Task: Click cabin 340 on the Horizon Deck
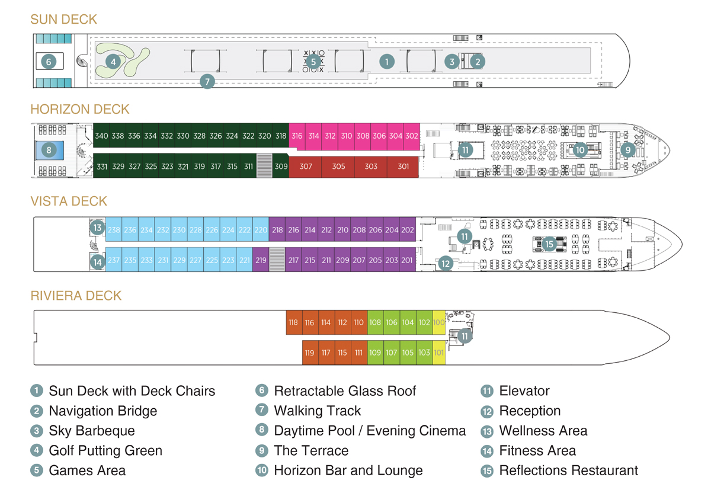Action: pos(101,136)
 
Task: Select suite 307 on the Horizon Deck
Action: pos(306,167)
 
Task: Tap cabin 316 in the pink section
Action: pos(297,136)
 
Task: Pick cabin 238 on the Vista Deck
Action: pos(114,230)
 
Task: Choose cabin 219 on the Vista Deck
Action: pos(261,260)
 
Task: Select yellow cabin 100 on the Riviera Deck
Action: pos(438,323)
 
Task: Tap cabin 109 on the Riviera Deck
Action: pos(375,353)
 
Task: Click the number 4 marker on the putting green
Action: pos(113,61)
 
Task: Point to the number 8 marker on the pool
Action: pos(49,150)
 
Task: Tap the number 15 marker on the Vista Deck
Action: pos(549,244)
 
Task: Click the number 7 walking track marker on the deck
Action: pos(206,82)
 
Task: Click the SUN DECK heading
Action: pos(63,20)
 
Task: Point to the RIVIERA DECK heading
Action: pos(76,296)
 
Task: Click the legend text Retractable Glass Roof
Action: pos(345,391)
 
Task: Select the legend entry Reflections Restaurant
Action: pos(568,470)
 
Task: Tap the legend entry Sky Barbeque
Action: pos(92,431)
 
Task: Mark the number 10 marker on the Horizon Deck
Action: pos(579,150)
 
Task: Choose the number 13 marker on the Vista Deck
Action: pos(97,227)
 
